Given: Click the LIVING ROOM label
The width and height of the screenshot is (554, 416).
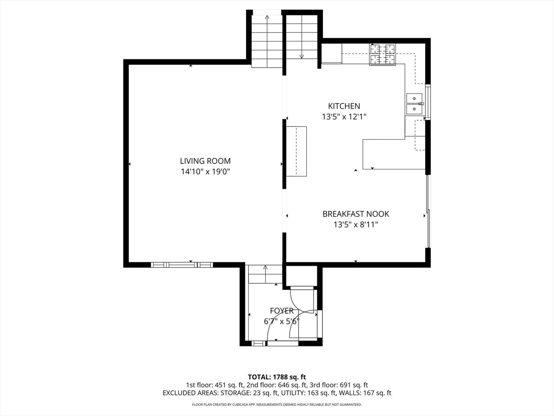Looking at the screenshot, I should tap(205, 161).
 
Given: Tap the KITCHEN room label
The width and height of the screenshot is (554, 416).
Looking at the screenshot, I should tap(344, 106).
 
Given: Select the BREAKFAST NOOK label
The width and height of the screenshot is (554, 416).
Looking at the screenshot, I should tap(355, 214).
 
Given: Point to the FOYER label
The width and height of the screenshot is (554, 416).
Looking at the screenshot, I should tap(282, 311).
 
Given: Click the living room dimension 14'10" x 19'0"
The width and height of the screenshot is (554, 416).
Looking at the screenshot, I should tap(205, 172).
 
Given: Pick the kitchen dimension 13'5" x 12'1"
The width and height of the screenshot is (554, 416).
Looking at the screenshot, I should tap(344, 117).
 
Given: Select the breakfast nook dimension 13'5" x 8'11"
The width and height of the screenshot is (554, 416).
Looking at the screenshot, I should tap(355, 225).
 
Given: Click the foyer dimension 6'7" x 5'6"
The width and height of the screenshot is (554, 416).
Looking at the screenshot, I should tap(282, 321).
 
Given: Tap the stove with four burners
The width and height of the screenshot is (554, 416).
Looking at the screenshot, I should tap(382, 55).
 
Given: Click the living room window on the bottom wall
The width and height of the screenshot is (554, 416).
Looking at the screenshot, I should tap(182, 265).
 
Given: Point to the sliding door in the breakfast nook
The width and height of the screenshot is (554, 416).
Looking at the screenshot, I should tap(429, 212).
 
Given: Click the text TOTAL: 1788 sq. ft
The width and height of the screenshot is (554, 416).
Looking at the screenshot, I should tap(277, 377).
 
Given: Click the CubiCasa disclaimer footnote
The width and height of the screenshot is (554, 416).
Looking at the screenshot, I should tap(277, 404).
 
